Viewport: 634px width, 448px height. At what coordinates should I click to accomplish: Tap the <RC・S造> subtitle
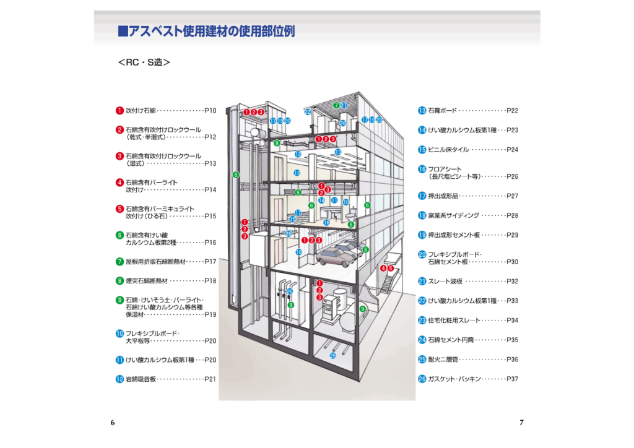pos(144,62)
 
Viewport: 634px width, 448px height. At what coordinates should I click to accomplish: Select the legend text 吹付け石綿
pos(141,110)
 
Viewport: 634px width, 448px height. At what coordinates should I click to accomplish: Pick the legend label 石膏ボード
pos(442,110)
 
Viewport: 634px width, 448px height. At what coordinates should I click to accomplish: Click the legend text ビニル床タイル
pos(448,150)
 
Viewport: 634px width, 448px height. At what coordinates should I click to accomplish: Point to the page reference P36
pos(512,359)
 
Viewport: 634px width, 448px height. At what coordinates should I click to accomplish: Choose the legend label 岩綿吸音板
pos(141,379)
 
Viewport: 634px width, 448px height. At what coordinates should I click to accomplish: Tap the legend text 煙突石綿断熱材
pos(146,281)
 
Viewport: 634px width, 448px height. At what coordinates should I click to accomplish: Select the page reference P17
pos(211,261)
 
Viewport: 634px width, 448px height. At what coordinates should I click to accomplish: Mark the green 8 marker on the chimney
pos(236,175)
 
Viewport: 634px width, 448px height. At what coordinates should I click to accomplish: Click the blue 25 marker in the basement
pos(332,355)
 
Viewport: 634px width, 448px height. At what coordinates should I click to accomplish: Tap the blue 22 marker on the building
pos(308,112)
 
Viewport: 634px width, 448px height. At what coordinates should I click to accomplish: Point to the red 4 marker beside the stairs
pos(383,268)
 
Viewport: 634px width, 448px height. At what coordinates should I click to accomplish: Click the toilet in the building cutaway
pos(351,215)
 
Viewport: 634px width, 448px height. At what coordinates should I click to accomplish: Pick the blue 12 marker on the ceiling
pos(298,154)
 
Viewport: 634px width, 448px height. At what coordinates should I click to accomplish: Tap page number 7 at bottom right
pos(521,423)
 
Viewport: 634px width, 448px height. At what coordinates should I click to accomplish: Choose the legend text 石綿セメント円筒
pos(451,340)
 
